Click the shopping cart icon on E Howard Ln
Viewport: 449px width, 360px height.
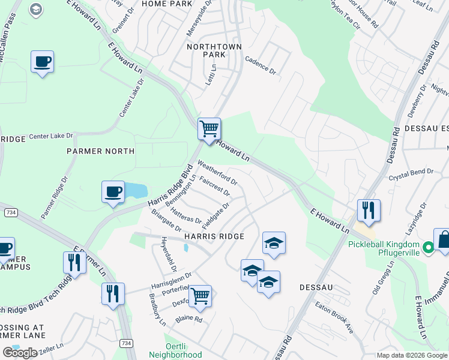click(209, 128)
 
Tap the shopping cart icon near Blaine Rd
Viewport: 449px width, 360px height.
click(200, 295)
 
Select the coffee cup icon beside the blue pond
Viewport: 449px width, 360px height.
click(113, 192)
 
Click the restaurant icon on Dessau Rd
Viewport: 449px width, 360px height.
click(369, 210)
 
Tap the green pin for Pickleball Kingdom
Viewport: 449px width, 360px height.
click(428, 247)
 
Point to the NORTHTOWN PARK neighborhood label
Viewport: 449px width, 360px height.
click(206, 50)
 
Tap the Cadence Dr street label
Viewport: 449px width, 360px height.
click(261, 65)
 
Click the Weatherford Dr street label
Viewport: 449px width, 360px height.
click(217, 171)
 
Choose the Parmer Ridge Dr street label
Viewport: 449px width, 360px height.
click(55, 197)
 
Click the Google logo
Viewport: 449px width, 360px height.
click(19, 353)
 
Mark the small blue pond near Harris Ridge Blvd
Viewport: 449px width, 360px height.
click(137, 191)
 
